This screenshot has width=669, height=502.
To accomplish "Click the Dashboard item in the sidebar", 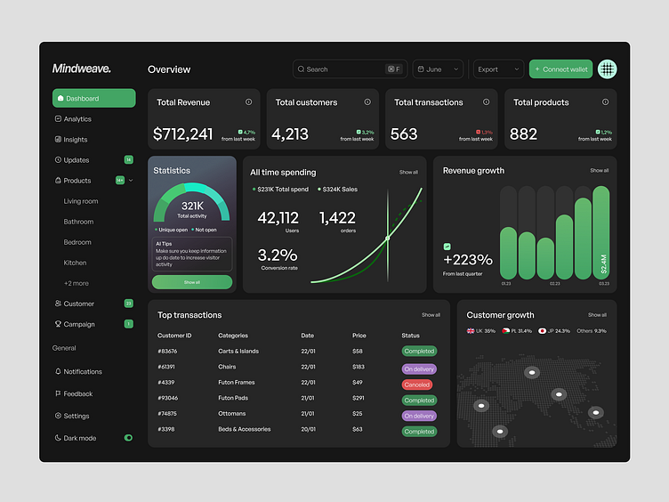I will (x=93, y=98).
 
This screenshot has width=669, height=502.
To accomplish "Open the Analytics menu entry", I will (x=77, y=119).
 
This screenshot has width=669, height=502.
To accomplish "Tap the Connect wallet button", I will (x=560, y=69).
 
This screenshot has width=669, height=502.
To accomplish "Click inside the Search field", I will (x=338, y=69).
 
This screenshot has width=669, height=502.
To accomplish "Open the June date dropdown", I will (x=438, y=69).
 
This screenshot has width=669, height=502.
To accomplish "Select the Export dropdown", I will (x=498, y=69).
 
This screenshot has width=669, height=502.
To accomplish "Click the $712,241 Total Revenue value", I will (x=183, y=134).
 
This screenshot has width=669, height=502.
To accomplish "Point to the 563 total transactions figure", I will (x=404, y=134).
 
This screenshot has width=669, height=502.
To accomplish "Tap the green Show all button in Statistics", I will (x=192, y=282).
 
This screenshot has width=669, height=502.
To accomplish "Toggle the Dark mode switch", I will (x=128, y=438).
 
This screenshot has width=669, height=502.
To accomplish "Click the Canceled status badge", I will (x=416, y=385).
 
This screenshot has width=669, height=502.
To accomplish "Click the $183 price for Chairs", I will (x=359, y=367).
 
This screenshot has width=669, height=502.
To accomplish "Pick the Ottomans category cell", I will (x=232, y=414).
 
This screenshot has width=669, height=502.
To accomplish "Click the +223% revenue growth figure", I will (x=468, y=260).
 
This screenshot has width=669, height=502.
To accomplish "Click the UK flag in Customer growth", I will (x=472, y=330).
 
